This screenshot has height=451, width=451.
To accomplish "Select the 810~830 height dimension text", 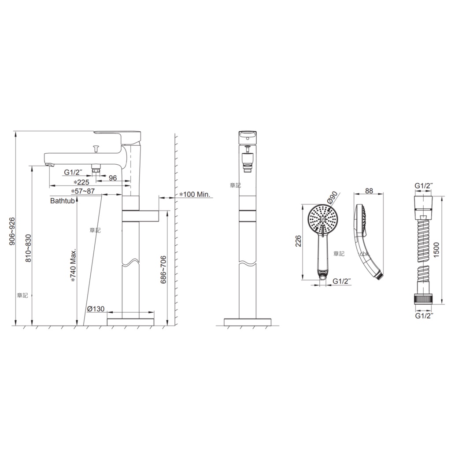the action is click(28, 248).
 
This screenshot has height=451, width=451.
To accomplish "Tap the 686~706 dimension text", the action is click(163, 270).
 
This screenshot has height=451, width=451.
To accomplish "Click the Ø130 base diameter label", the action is click(96, 309).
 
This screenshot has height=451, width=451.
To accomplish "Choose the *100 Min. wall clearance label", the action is click(195, 194).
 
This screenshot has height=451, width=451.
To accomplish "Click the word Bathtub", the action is click(63, 200).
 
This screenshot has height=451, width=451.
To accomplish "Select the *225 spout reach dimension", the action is click(81, 182).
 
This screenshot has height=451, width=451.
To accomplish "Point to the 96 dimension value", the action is click(113, 178).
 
